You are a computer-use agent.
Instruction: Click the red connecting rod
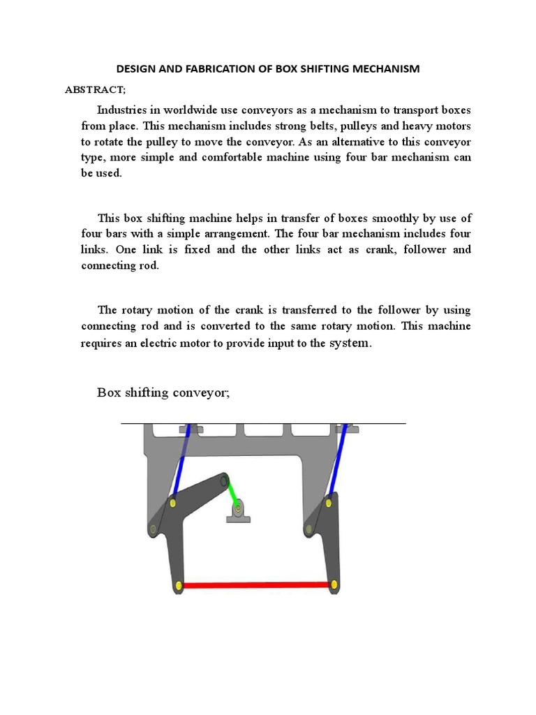point(257,585)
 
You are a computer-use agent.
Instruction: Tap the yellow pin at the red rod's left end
point(179,584)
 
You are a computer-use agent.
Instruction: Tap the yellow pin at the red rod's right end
point(334,584)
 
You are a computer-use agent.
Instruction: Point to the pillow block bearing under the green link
point(239,513)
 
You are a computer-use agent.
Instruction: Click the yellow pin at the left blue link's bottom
point(172,503)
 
